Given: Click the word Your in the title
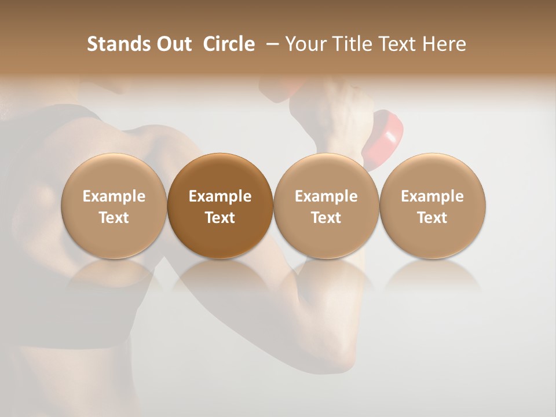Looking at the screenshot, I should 305,44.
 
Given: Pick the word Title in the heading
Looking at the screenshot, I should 352,44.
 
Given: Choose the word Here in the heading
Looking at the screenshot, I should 444,44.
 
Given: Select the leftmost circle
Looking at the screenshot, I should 114,206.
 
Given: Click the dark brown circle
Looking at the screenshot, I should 220,206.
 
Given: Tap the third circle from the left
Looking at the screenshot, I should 326,206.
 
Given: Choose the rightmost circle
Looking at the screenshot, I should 433,206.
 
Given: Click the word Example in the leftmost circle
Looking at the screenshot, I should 114,196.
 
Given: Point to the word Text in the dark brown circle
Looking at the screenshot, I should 220,218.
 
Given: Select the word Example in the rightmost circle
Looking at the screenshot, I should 433,196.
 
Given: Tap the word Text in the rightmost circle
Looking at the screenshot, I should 433,218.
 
